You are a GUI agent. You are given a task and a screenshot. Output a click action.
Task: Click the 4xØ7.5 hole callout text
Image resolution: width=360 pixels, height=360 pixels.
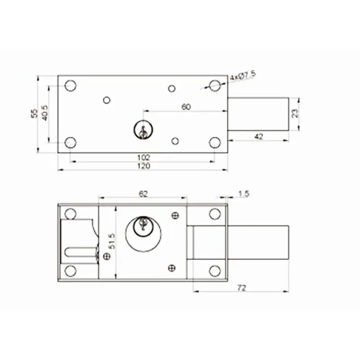[243, 75]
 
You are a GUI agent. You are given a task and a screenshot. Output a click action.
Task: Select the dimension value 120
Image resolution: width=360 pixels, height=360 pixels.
[144, 166]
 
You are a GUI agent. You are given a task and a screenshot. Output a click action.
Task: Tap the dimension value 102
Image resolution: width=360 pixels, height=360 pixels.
[144, 157]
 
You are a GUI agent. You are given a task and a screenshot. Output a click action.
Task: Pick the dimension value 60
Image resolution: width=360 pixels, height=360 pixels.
[185, 107]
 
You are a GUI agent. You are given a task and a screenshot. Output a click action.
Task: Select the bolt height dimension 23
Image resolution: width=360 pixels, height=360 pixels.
[295, 113]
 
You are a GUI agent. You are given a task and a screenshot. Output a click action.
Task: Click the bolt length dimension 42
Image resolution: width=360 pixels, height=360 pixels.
[258, 136]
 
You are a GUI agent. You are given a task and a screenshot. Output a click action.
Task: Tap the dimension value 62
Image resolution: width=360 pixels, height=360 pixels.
[143, 193]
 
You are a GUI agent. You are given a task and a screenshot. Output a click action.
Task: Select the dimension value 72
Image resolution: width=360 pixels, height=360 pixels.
[241, 288]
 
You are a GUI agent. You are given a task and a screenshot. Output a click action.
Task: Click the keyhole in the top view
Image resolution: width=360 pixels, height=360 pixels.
[143, 130]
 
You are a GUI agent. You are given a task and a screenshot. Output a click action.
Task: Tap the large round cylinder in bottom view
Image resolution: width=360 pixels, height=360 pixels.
[143, 234]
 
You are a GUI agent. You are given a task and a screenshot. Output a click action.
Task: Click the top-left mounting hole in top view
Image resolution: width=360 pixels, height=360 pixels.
[70, 85]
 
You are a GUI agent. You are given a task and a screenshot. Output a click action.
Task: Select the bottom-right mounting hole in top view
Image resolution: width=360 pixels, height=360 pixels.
[215, 143]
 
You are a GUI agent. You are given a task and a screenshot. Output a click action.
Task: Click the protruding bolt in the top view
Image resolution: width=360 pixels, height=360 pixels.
[257, 113]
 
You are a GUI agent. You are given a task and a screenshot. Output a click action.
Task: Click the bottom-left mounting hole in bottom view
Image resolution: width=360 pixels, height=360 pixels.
[70, 270]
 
